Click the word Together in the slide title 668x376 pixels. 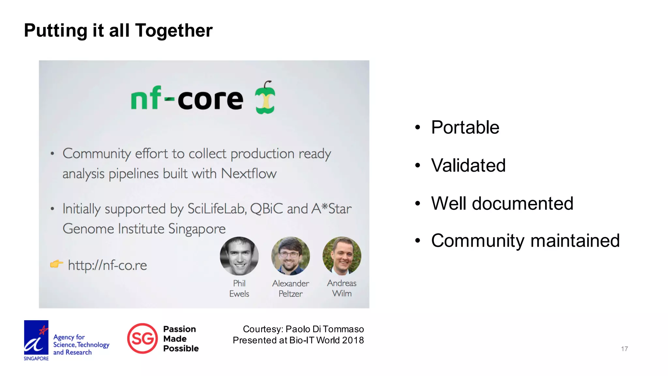pyautogui.click(x=174, y=31)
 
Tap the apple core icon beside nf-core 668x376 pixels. pyautogui.click(x=265, y=98)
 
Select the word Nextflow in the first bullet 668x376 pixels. pyautogui.click(x=249, y=174)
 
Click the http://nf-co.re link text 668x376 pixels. pyautogui.click(x=107, y=265)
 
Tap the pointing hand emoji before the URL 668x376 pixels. pyautogui.click(x=56, y=264)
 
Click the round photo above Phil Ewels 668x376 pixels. pyautogui.click(x=239, y=256)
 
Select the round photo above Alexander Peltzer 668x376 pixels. pyautogui.click(x=290, y=256)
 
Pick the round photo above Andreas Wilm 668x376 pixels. pyautogui.click(x=342, y=256)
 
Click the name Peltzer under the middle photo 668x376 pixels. pyautogui.click(x=290, y=294)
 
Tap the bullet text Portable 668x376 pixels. pyautogui.click(x=465, y=127)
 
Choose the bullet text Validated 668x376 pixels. pyautogui.click(x=468, y=165)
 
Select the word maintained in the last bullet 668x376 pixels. pyautogui.click(x=575, y=241)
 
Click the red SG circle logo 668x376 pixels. pyautogui.click(x=142, y=338)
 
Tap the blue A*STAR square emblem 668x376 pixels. pyautogui.click(x=36, y=337)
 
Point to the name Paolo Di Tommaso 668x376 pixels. pyautogui.click(x=325, y=329)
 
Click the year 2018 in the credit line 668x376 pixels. pyautogui.click(x=353, y=340)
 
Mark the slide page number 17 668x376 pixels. pyautogui.click(x=624, y=349)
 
